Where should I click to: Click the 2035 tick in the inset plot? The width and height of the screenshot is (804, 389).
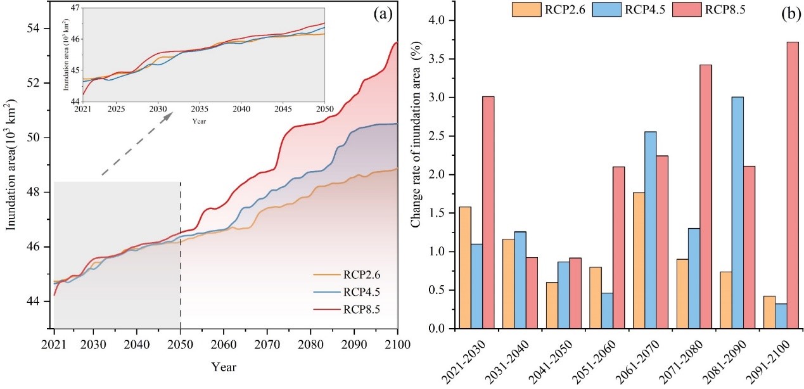coord(200,109)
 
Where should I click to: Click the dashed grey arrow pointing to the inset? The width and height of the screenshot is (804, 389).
coord(136,145)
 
